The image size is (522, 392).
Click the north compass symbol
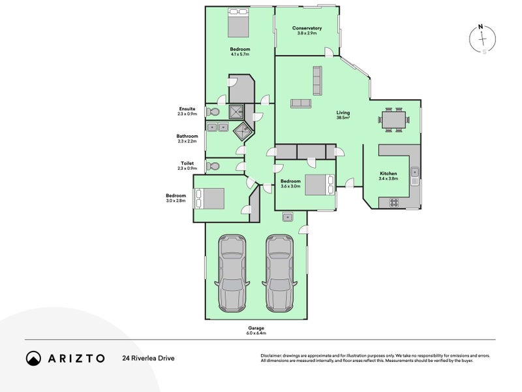(x=482, y=39)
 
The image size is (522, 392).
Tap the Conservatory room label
(x=307, y=30)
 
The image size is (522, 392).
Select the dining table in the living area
(x=394, y=119)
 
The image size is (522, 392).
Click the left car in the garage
(x=232, y=272)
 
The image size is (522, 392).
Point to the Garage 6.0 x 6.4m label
(x=256, y=331)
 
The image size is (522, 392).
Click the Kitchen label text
(x=389, y=174)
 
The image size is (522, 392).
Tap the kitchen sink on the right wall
(x=414, y=174)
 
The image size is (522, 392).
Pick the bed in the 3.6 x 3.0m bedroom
(x=319, y=185)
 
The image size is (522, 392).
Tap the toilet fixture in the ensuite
(x=213, y=112)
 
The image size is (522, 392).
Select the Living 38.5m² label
(x=343, y=115)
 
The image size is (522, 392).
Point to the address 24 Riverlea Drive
(x=147, y=358)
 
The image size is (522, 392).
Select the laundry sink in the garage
(x=287, y=217)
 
